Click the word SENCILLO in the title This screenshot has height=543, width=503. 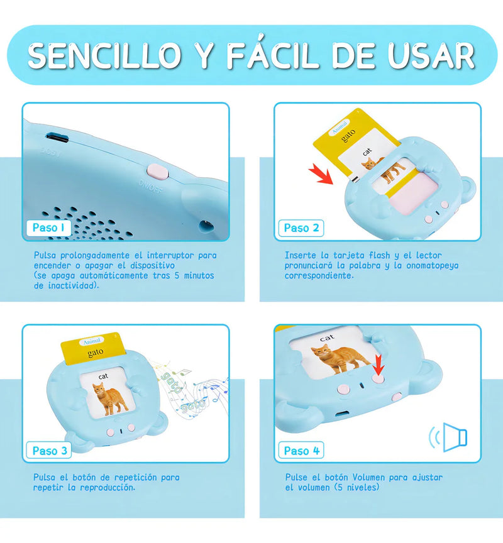point(104,55)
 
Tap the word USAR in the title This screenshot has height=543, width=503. point(431,55)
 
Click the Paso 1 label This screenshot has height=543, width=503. point(49,228)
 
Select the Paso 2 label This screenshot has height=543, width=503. point(301,228)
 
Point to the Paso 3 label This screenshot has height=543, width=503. point(49,451)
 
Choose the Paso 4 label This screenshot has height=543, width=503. point(301,451)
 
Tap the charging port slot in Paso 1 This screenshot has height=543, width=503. point(57,138)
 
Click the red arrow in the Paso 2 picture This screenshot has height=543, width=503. point(321,173)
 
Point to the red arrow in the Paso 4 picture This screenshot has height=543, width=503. point(379,365)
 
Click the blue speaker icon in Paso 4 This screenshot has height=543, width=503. point(448,437)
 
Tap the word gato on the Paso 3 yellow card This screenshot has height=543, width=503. point(96,353)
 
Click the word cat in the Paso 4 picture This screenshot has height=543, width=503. point(327,337)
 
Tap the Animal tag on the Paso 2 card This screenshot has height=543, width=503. point(340,128)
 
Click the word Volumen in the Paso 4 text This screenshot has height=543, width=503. point(369,477)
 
